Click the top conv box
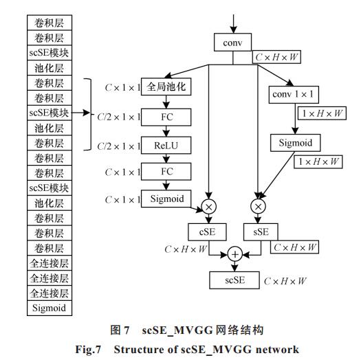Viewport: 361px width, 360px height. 232,43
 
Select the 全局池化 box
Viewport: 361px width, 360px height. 166,87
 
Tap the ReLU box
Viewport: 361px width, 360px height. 166,146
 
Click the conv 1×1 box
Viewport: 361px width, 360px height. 294,95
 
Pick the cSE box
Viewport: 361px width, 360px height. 207,232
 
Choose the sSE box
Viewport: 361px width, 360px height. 261,232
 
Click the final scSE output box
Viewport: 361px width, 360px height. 234,280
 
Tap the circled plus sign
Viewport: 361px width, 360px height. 235,254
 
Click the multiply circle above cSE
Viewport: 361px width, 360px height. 209,207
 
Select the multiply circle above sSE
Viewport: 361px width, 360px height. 258,206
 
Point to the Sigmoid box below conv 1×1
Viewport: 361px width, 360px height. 296,143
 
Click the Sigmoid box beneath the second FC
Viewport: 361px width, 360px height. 166,199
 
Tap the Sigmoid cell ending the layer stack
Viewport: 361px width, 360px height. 50,308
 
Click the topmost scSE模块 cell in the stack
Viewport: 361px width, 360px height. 50,53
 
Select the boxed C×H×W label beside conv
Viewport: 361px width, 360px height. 276,57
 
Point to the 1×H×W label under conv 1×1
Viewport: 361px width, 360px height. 322,113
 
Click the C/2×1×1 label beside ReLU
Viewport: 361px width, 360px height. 119,146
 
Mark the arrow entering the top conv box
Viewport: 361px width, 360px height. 234,24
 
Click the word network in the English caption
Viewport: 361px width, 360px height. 277,350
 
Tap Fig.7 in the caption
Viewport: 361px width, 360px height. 88,350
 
